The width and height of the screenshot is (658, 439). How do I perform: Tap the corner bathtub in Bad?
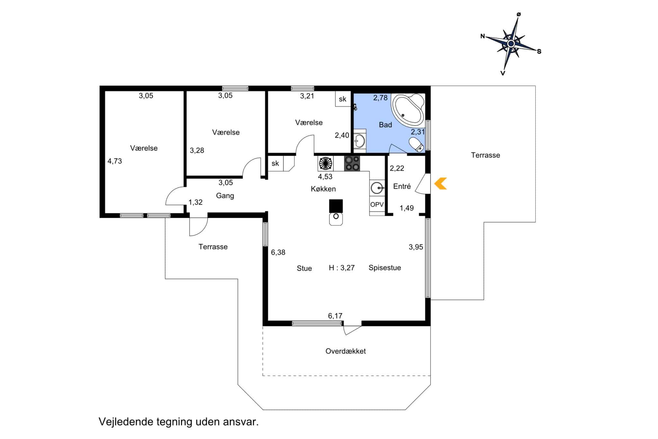[x=408, y=109]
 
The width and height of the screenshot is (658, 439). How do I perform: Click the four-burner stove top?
[x=352, y=163]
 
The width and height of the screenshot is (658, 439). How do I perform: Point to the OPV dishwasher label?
[x=377, y=205]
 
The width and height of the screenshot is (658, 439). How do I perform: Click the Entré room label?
[x=402, y=186]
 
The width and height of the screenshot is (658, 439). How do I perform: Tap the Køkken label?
[x=323, y=189]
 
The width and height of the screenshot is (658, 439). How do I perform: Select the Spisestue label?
[x=385, y=268]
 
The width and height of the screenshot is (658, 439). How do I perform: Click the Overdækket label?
[x=345, y=351]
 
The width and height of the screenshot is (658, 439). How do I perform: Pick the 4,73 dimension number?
[x=115, y=161]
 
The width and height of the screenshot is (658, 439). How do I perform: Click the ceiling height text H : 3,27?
[x=342, y=268]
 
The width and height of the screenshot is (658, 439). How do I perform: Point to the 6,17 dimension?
[x=335, y=316]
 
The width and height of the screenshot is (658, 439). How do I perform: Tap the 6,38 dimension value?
[x=278, y=252]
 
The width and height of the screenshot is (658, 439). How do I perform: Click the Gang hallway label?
[x=225, y=196]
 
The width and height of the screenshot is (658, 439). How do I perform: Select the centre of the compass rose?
[x=511, y=43]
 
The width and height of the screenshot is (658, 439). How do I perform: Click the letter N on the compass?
[x=483, y=36]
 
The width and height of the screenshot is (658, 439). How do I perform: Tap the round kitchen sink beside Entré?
[x=377, y=188]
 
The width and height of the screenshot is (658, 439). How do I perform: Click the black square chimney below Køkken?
[x=336, y=206]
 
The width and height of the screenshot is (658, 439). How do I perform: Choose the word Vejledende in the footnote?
[x=126, y=422]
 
